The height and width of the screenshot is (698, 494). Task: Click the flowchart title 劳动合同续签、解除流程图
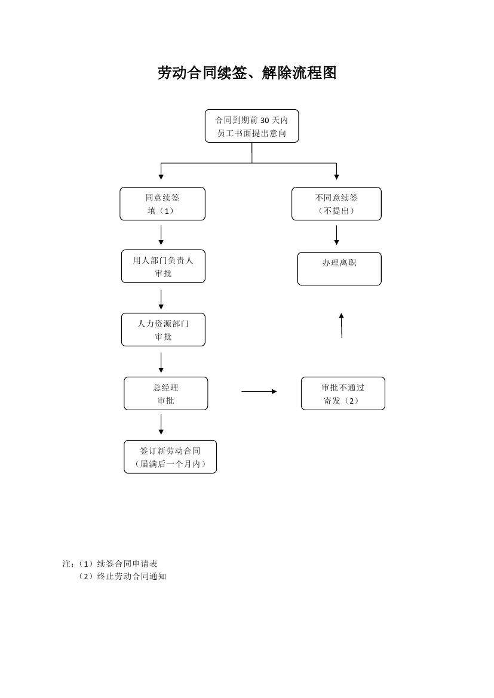[247, 73]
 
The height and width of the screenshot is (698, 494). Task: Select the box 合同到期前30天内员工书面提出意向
[251, 126]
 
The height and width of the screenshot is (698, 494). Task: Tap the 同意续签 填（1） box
[162, 204]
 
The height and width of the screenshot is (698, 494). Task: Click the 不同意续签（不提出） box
[336, 204]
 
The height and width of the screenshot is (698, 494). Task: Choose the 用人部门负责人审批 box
[163, 266]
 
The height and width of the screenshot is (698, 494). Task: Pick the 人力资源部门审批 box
[163, 330]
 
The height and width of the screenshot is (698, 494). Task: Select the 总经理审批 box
[165, 393]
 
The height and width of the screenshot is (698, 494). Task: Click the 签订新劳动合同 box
[170, 457]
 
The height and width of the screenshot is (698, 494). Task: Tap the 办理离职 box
[339, 269]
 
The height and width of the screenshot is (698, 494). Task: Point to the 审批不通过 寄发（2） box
[343, 393]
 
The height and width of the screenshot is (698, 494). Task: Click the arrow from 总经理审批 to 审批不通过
[259, 392]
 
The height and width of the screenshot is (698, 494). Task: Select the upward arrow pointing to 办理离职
[341, 325]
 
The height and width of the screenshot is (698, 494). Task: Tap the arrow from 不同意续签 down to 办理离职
[337, 235]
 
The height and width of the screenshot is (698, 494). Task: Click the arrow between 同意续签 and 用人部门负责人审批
[161, 235]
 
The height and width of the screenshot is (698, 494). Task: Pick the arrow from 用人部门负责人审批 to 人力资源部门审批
[161, 299]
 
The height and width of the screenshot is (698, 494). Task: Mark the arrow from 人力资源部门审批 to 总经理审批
[161, 362]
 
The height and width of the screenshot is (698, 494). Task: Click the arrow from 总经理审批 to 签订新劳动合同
[161, 425]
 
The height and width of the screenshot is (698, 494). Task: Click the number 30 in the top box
[266, 120]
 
